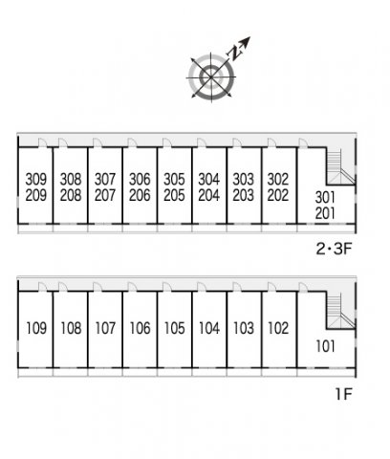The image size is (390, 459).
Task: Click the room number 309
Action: coord(36,179)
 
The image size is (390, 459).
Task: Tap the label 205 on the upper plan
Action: coord(174,195)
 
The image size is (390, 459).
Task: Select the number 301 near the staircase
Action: coord(325,198)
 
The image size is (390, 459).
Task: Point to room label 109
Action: coord(36,328)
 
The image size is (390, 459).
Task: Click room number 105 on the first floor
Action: coord(174,328)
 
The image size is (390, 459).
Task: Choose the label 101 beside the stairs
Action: coord(325,346)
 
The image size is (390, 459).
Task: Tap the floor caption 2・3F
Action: coord(334,249)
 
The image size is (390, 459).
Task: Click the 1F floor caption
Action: coord(343,394)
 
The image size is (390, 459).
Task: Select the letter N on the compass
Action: coord(235,53)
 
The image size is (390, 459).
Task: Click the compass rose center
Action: coord(211,76)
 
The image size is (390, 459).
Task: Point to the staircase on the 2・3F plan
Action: coord(341,166)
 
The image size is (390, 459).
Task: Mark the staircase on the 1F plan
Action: coord(341,311)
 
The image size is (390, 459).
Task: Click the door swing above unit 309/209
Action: coord(42,142)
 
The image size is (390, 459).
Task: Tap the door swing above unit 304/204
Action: coord(202,142)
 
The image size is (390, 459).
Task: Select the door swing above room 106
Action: coord(132,287)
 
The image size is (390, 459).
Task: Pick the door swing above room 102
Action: coord(271,287)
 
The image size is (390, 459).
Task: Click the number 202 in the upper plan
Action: coord(278,195)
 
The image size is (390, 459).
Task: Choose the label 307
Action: coord(105,179)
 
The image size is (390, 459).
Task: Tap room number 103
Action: coord(244,328)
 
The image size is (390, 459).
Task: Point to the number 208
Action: coord(71,195)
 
